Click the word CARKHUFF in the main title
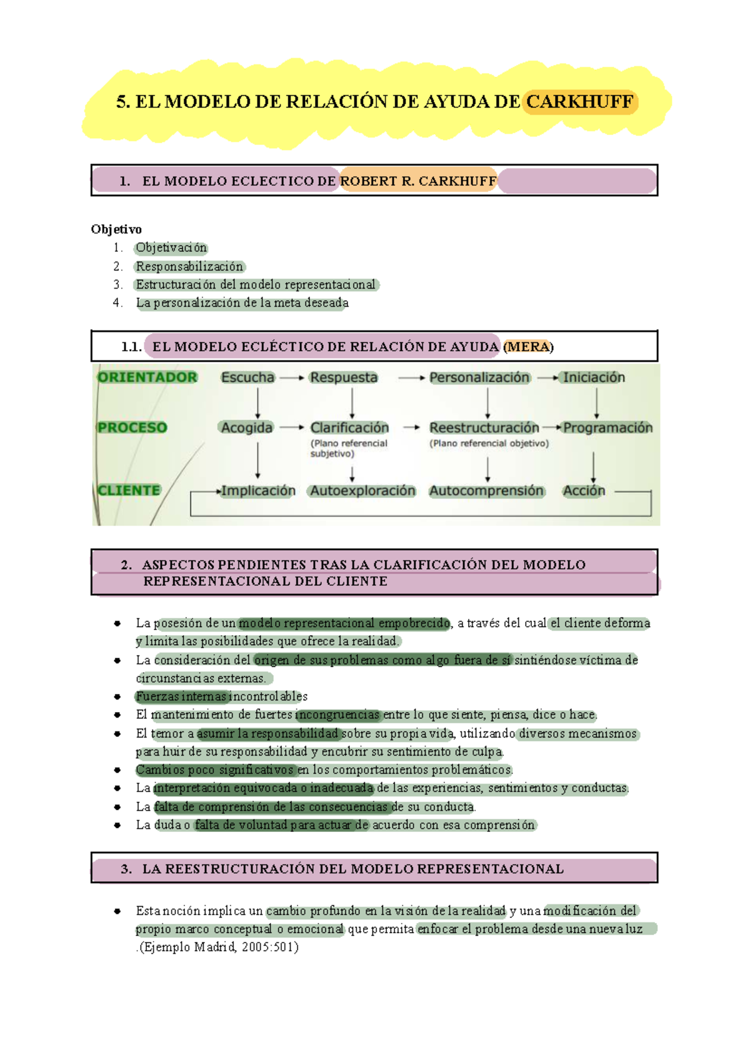580,102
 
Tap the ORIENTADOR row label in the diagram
147,377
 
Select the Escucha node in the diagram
247,377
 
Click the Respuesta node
344,377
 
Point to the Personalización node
479,377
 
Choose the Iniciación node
594,377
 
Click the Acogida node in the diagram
247,428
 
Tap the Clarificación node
349,428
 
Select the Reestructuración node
484,428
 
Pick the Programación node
607,428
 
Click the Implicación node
258,491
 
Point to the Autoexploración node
362,491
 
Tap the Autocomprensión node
486,491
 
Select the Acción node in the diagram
584,491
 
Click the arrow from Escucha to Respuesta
291,378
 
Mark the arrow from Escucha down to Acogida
257,403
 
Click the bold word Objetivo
116,229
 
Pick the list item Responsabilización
189,267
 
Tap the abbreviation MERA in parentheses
528,347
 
